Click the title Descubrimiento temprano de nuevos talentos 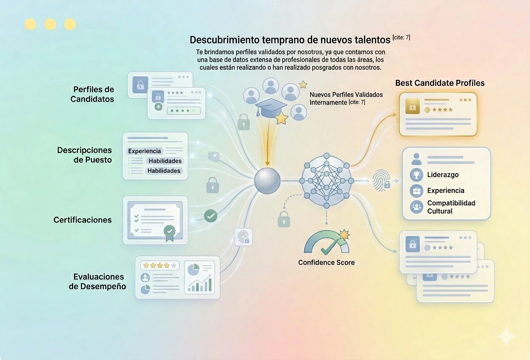(290, 40)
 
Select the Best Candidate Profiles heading (440, 83)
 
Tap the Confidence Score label (326, 262)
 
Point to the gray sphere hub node (267, 181)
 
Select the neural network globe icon (326, 180)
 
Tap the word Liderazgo (443, 174)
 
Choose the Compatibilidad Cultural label (451, 207)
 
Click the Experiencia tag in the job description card (145, 151)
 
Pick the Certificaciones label (82, 220)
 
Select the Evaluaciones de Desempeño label (98, 281)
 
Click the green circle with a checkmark (211, 216)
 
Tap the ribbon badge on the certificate (169, 232)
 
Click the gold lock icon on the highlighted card (411, 107)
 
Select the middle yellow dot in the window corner (50, 24)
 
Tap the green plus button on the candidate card (158, 107)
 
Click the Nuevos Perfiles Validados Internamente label (346, 98)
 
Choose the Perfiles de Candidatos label (92, 94)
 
